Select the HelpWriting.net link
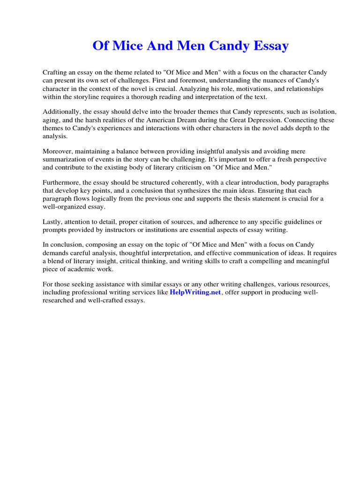coord(195,292)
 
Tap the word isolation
coord(322,112)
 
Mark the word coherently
coord(184,183)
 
